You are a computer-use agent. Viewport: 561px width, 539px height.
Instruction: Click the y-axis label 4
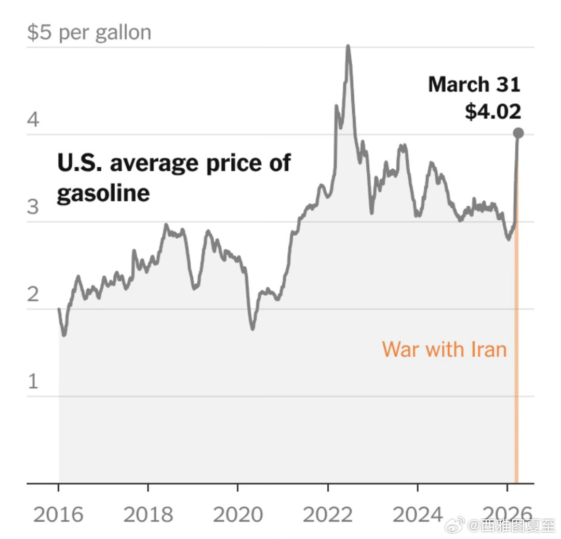(x=33, y=120)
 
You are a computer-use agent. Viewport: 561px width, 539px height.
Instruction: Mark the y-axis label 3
(x=33, y=207)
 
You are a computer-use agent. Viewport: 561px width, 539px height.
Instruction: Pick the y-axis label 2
(x=33, y=294)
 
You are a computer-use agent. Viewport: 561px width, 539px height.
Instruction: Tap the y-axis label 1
(x=33, y=382)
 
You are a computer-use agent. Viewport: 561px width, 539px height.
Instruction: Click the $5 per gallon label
(x=89, y=33)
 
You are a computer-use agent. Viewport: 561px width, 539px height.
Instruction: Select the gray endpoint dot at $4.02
(x=518, y=133)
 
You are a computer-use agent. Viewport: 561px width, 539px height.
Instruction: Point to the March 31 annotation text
(x=474, y=85)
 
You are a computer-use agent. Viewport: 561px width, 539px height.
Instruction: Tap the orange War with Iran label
(x=444, y=349)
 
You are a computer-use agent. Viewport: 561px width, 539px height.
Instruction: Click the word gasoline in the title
(x=103, y=193)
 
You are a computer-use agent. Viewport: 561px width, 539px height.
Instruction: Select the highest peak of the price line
(x=348, y=47)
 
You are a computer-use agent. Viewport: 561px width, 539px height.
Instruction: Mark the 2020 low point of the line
(x=253, y=328)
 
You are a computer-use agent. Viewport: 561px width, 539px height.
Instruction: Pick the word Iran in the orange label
(x=488, y=349)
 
